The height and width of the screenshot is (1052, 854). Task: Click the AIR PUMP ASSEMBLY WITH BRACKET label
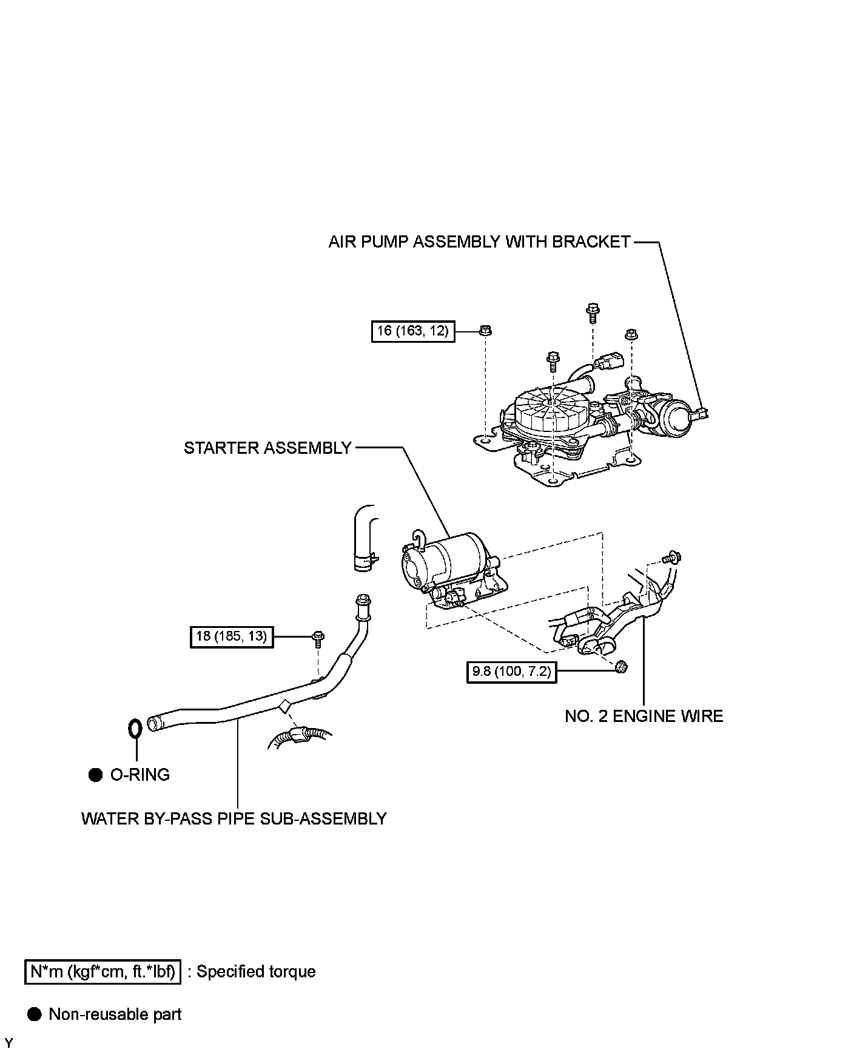point(479,242)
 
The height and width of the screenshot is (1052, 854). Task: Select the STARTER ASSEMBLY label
point(267,448)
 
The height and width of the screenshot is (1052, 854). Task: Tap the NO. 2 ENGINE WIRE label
point(644,717)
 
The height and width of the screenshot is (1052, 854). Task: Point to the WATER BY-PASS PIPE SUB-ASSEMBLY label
point(234,818)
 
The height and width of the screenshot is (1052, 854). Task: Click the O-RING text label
point(140,775)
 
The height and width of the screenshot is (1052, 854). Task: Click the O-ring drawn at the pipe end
point(135,727)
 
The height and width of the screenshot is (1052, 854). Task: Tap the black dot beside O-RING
point(95,775)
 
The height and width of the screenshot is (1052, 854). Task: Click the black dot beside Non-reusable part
point(35,1014)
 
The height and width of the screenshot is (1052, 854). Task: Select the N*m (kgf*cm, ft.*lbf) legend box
point(103,971)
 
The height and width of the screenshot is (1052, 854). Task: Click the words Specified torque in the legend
point(256,971)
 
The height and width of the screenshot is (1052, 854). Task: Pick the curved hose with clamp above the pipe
point(365,538)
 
